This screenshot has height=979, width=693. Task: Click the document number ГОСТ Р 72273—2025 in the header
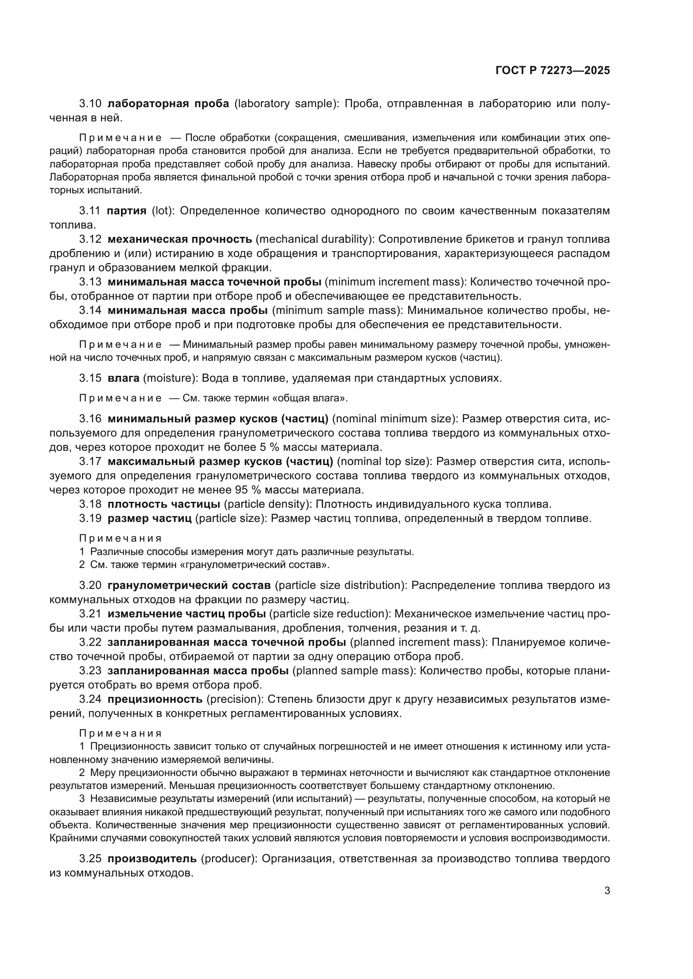tap(553, 71)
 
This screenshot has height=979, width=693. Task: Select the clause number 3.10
tap(90, 104)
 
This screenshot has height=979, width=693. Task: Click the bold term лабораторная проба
tap(168, 104)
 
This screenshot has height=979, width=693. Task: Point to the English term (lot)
tap(163, 211)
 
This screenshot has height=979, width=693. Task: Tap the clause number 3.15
tap(90, 378)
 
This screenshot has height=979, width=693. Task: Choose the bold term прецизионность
tap(155, 699)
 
